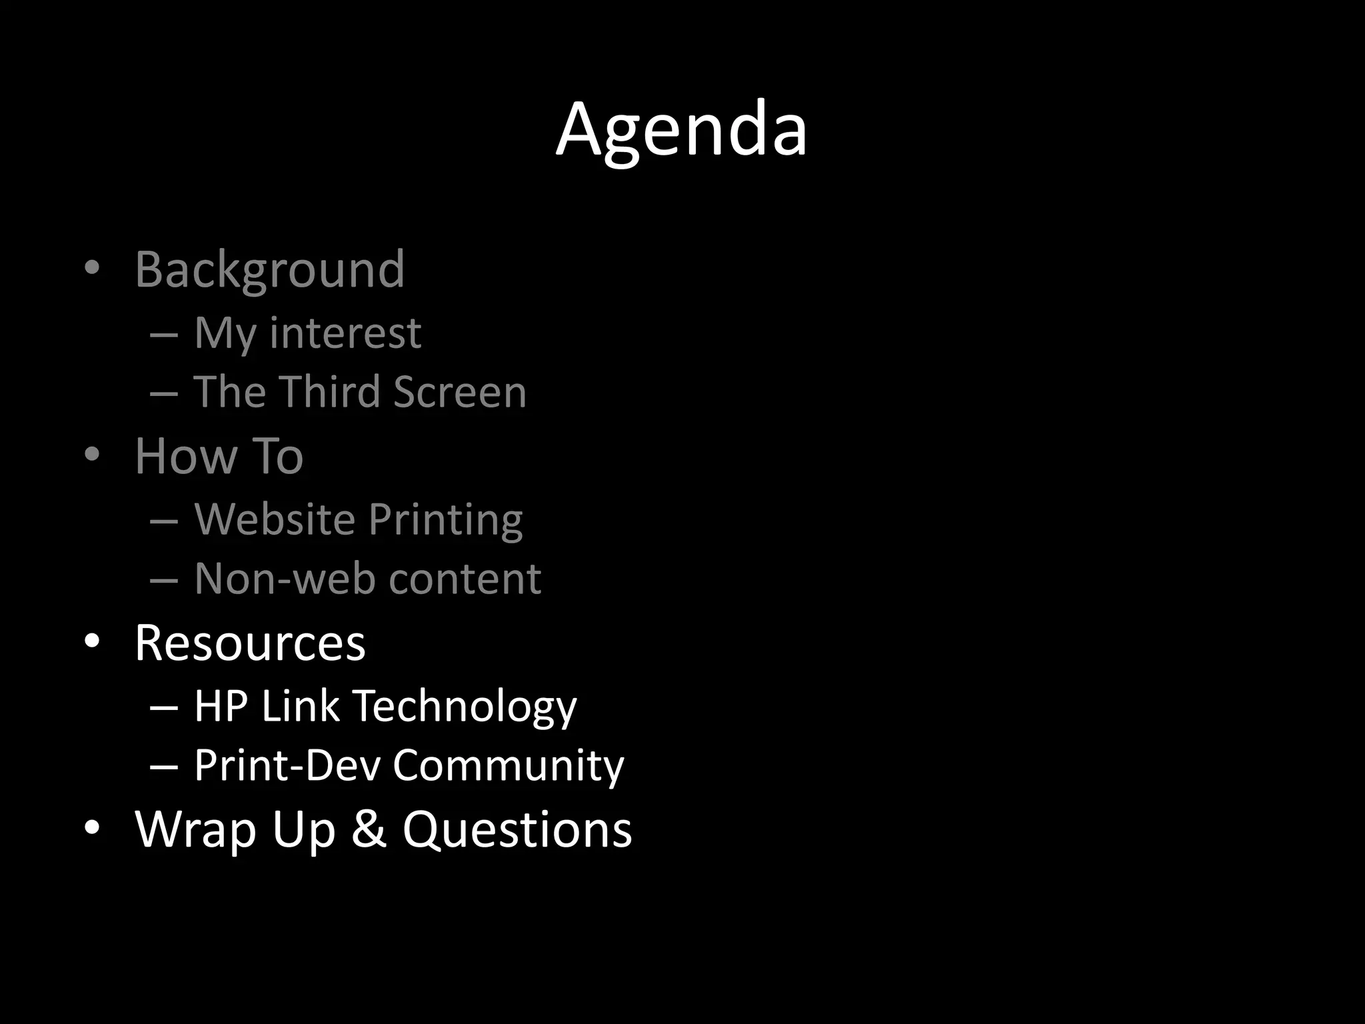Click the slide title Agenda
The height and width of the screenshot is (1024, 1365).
(681, 130)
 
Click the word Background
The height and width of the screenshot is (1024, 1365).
(269, 270)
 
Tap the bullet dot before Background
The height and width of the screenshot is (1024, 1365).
(92, 268)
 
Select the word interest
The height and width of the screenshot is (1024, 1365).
(345, 333)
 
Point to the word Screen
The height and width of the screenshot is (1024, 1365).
(460, 391)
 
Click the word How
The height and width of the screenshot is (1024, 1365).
(186, 457)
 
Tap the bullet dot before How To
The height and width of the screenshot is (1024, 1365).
(92, 455)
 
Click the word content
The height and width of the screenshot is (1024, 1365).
(465, 579)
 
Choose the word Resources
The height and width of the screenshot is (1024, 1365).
(250, 643)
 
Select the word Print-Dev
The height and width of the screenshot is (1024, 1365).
(287, 765)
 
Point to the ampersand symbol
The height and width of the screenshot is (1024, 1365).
(369, 829)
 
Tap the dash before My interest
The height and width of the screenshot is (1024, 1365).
(164, 334)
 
